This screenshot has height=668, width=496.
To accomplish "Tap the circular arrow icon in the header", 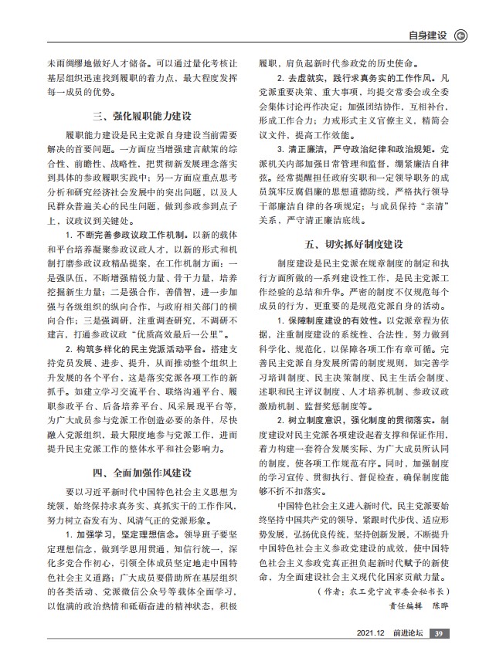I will pos(461,35).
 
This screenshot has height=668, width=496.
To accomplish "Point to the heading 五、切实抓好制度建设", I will pos(355,244).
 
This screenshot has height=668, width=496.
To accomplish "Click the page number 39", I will pos(438,634).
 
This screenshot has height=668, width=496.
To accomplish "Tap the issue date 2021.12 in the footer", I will pos(372,634).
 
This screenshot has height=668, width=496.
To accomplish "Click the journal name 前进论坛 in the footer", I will pos(407,634).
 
